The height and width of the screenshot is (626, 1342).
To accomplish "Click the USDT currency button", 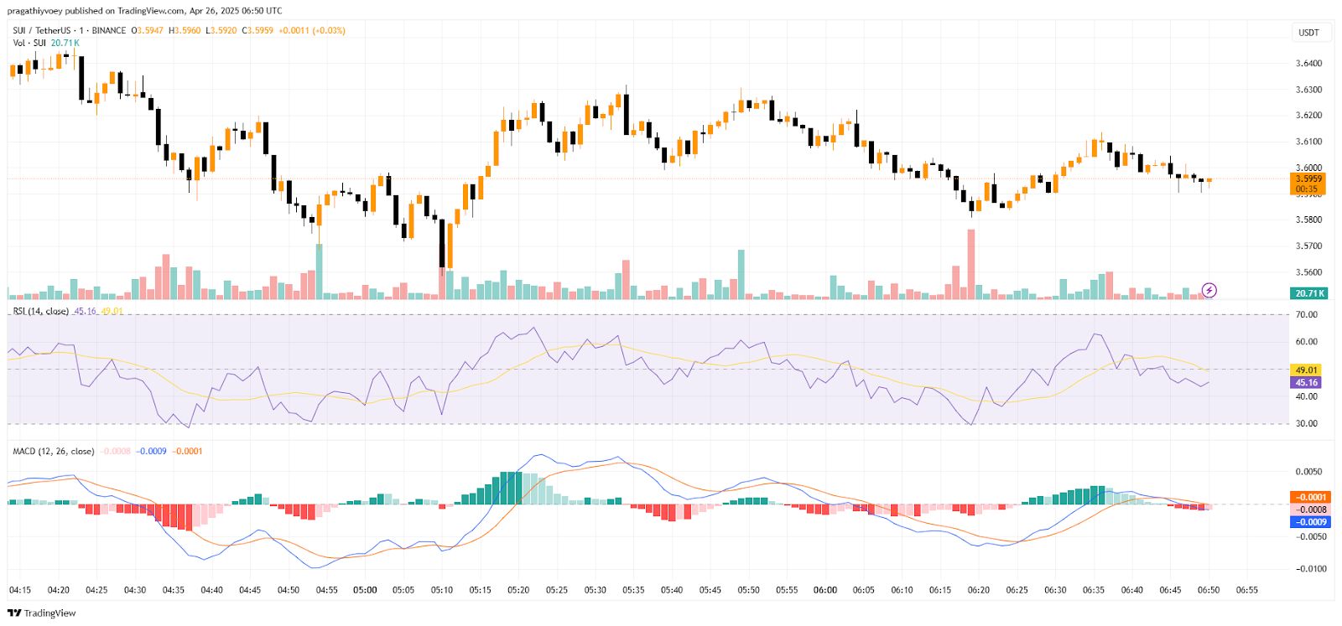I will (x=1308, y=33).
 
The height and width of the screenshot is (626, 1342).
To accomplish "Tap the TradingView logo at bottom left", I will (x=41, y=613).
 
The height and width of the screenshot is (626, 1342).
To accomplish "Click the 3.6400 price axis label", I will (x=1308, y=64).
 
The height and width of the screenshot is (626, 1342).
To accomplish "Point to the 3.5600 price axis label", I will (x=1308, y=272).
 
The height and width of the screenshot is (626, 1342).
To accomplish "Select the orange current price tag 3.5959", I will (x=1308, y=178).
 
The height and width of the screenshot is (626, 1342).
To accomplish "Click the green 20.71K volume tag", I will (x=1308, y=293).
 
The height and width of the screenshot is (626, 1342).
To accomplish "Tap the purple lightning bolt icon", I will (x=1209, y=291).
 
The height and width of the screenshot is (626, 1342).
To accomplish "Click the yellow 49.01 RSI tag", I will (x=1307, y=370).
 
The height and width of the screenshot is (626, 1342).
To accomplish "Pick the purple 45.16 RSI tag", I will (x=1307, y=382).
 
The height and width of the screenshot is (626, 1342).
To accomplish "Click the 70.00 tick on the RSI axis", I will (x=1307, y=315).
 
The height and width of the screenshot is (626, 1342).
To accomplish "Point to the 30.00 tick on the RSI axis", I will (x=1307, y=423).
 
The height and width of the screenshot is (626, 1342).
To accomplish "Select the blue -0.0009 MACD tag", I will (x=1310, y=522).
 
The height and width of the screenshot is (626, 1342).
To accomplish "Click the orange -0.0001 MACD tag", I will (x=1310, y=497).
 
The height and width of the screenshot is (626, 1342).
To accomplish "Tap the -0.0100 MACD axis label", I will (x=1310, y=569).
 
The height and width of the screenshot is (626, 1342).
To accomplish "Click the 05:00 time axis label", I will (x=365, y=590).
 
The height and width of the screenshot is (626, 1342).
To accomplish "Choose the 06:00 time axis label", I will (x=825, y=590).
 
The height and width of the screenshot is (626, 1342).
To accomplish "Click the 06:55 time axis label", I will (x=1247, y=590).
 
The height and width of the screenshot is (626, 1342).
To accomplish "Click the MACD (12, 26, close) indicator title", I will (x=54, y=452).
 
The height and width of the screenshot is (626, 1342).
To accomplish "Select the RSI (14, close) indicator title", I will (x=41, y=312).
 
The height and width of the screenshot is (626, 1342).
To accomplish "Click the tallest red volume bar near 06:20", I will (x=971, y=264).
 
